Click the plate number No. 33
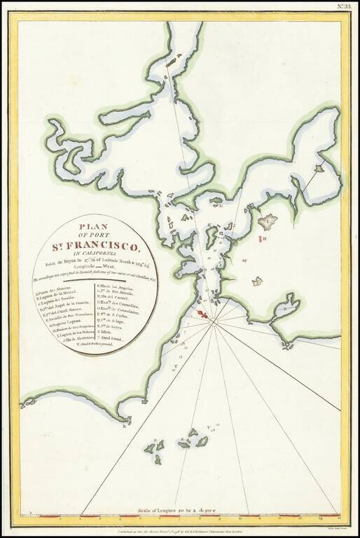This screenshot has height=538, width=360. coord(345,8)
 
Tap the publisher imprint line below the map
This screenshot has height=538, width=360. coord(180,532)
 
